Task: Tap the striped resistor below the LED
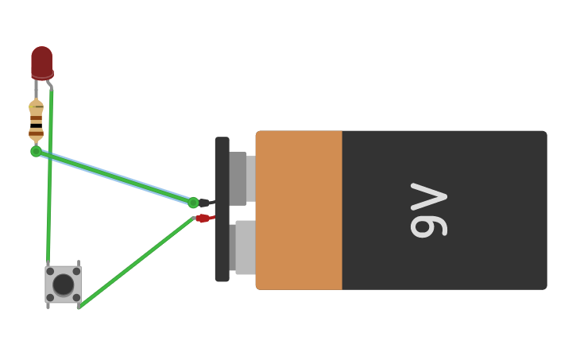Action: click(36, 122)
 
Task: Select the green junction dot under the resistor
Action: click(36, 151)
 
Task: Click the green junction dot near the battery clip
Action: click(193, 203)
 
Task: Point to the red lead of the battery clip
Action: click(204, 218)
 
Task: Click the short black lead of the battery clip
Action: click(204, 203)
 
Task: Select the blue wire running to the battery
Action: click(119, 176)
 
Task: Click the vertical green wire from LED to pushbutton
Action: click(50, 183)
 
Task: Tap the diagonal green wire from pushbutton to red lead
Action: click(135, 262)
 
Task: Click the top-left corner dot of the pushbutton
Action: click(50, 271)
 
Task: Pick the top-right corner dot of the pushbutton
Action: click(76, 271)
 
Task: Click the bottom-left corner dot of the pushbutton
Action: click(50, 297)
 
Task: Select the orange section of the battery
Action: click(300, 210)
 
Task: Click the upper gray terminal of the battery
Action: click(239, 178)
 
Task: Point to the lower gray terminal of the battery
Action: click(243, 247)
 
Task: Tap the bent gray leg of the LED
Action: click(49, 83)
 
